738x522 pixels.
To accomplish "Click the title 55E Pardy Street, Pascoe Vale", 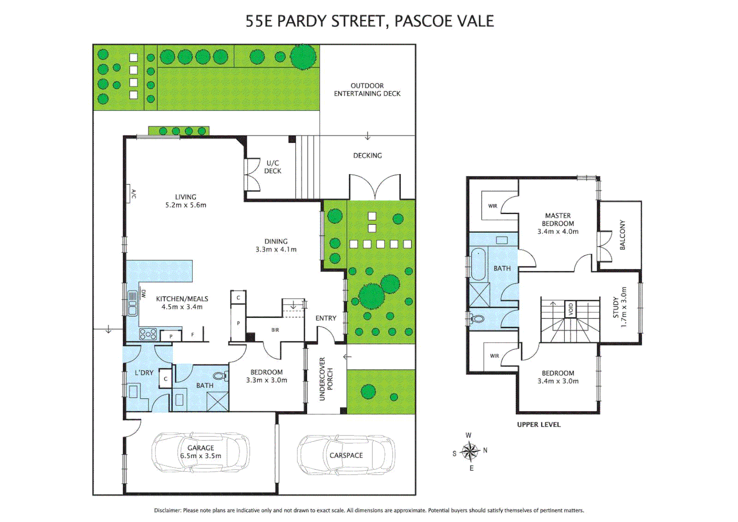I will tap(369, 21).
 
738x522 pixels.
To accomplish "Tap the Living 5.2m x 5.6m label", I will tap(185, 201).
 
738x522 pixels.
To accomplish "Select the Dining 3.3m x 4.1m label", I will tap(276, 246).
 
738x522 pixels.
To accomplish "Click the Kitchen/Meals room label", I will tap(182, 303).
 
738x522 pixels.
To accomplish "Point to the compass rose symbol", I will tap(469, 451).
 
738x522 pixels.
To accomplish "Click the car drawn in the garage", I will tap(200, 452).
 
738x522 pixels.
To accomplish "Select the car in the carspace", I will tap(346, 455).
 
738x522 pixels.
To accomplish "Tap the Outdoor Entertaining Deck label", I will tap(367, 90).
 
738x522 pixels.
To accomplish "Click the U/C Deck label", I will tap(272, 167).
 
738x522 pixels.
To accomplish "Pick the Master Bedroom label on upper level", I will tap(558, 223).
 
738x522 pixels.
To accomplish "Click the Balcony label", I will tap(622, 235).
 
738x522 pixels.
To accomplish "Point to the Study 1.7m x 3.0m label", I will tap(619, 307).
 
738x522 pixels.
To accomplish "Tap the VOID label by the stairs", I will tap(570, 308).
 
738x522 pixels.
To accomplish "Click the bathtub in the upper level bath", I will tap(478, 264).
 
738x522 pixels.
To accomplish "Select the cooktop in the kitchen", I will tap(148, 334).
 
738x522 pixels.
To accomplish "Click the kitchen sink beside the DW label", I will tap(132, 304).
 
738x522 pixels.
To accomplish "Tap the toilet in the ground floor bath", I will tap(220, 376).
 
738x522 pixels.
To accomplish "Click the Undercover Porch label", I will tap(326, 379).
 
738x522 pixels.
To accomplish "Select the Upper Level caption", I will tap(539, 424).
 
